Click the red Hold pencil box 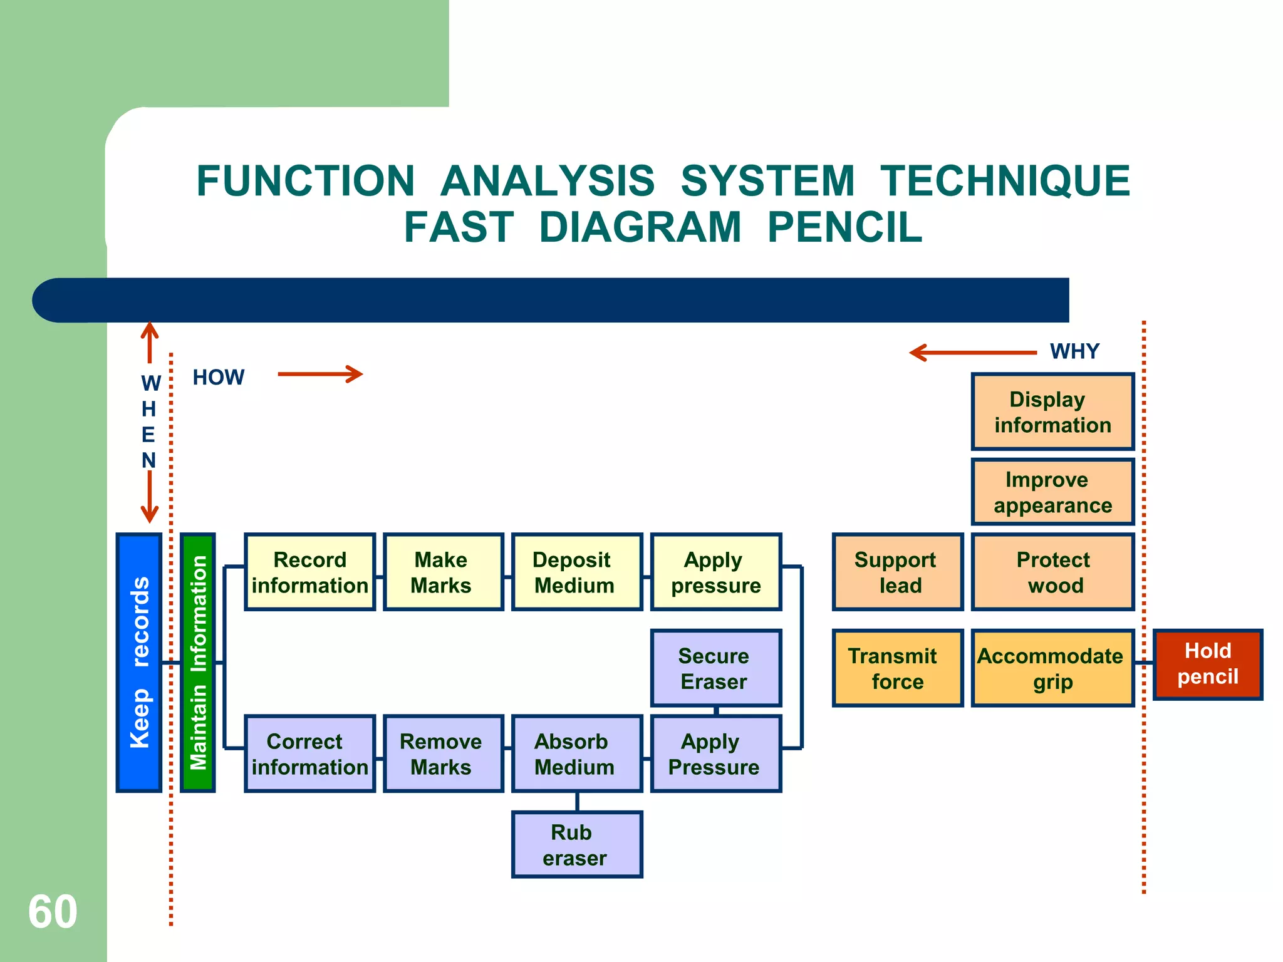(1207, 665)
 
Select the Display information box (1052, 412)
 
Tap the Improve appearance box (1052, 492)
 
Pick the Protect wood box (1052, 572)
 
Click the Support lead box (897, 572)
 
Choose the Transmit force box (897, 668)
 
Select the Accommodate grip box (1052, 668)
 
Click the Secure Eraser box (716, 668)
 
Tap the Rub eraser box (577, 845)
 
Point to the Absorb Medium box (577, 753)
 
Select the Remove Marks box (443, 753)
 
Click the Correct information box (309, 753)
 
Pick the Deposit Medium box (577, 572)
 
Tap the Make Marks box (443, 572)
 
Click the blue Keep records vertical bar (139, 663)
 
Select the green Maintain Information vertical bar (198, 663)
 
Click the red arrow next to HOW (320, 375)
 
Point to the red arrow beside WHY (972, 353)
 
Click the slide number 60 (53, 911)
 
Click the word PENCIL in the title (844, 227)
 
